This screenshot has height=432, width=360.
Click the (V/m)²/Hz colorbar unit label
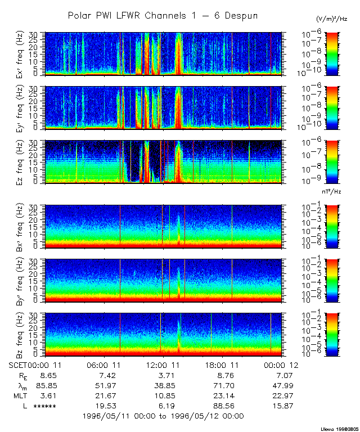pyautogui.click(x=332, y=19)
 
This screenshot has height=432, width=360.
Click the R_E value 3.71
pyautogui.click(x=163, y=375)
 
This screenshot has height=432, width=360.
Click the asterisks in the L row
pyautogui.click(x=44, y=406)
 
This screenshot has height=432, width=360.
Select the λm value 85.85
pyautogui.click(x=44, y=385)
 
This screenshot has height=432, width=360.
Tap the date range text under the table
pyautogui.click(x=163, y=416)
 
